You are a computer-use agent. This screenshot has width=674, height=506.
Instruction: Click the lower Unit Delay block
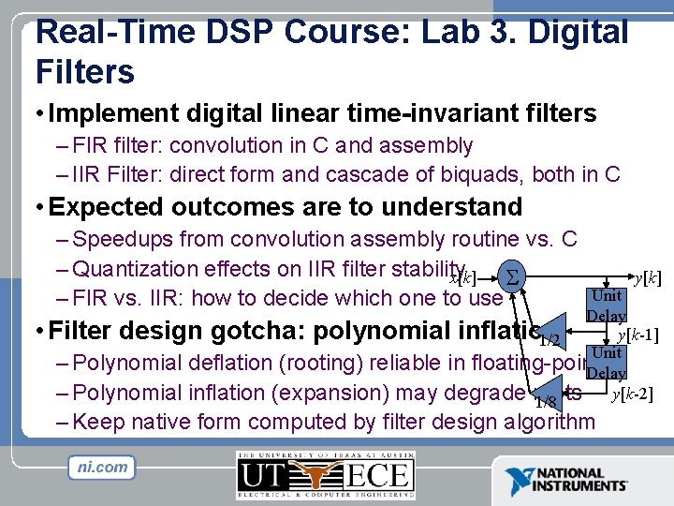[x=607, y=363]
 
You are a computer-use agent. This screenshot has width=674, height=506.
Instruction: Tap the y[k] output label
[x=648, y=278]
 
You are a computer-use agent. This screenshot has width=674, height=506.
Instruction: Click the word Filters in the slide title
[x=85, y=71]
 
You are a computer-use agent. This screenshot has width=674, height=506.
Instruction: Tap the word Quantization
[x=139, y=269]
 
